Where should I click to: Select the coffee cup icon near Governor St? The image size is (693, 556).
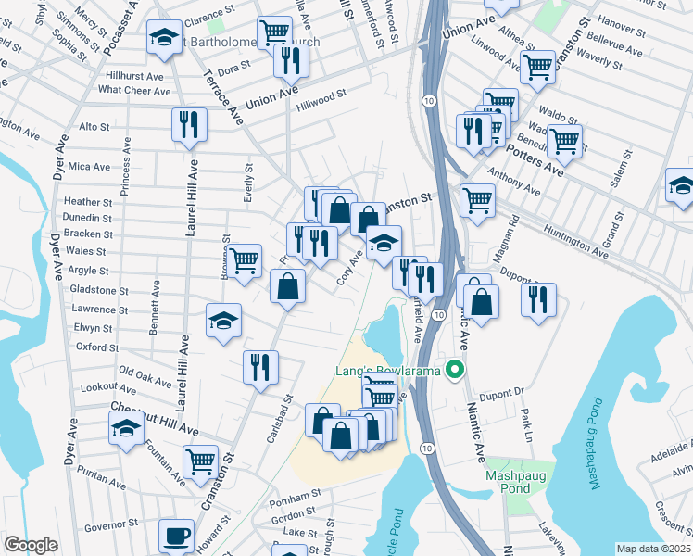176,536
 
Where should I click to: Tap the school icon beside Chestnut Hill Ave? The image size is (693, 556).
126,428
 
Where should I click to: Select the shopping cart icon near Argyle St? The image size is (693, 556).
244,260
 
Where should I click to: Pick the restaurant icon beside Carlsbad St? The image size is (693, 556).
260,366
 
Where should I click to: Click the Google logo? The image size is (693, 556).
31,545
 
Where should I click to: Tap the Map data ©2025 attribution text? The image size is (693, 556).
654,549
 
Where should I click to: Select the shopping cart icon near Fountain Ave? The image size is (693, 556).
200,461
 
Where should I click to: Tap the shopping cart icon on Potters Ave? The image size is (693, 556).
564,142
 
